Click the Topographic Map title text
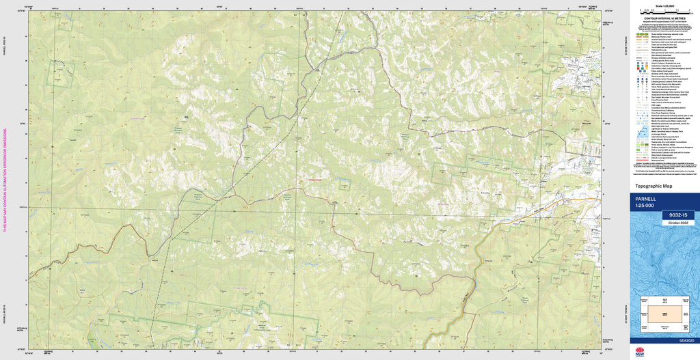click(x=654, y=186)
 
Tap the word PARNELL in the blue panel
click(x=646, y=199)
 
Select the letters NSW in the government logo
click(x=640, y=355)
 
